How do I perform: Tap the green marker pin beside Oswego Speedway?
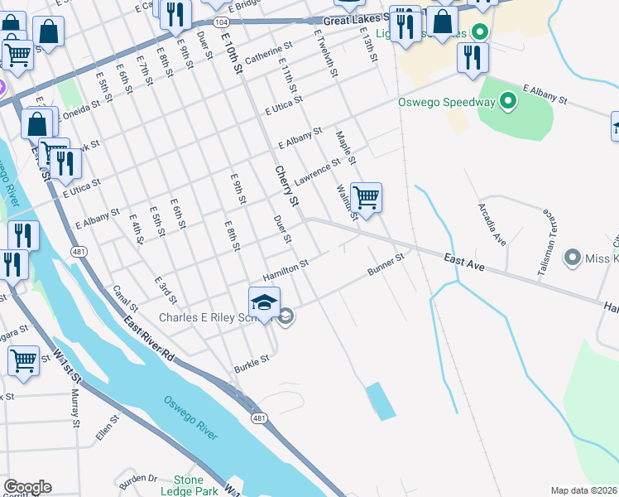click(x=508, y=103)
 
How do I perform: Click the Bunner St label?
click(x=386, y=264)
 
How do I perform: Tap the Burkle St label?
click(x=252, y=362)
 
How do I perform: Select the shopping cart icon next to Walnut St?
click(x=366, y=198)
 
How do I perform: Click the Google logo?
click(x=27, y=487)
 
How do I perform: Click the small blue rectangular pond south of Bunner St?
click(x=379, y=401)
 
